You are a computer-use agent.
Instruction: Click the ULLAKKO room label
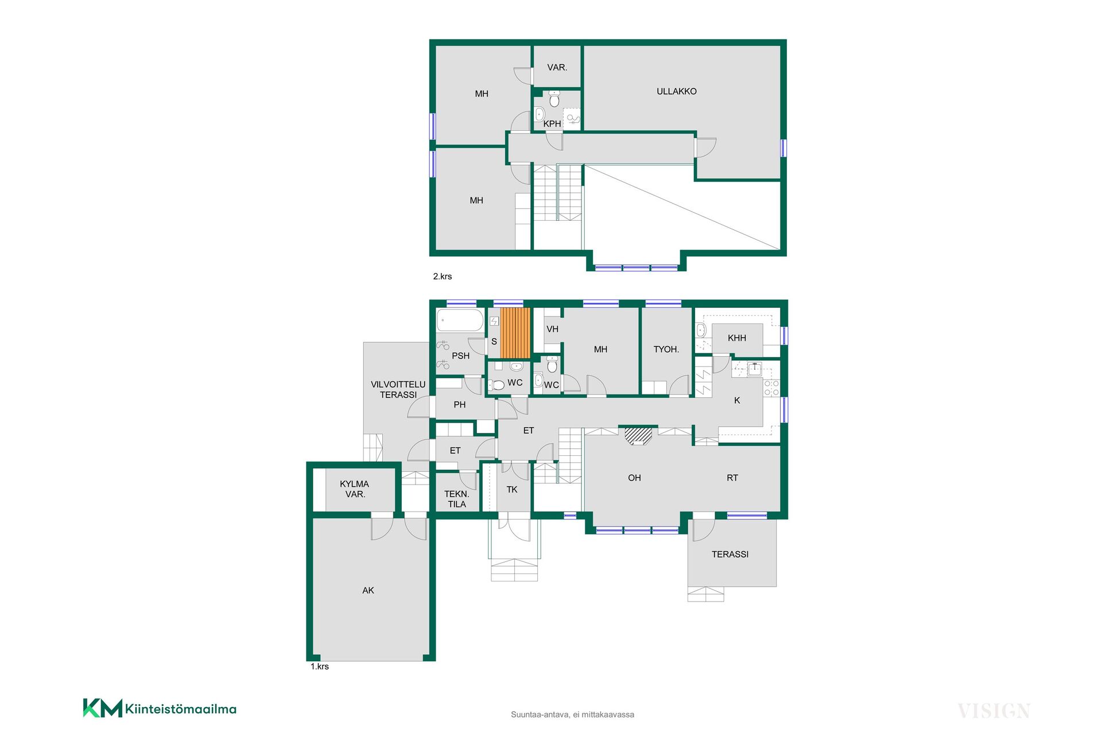click(x=676, y=91)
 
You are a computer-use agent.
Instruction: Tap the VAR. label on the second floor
click(x=557, y=67)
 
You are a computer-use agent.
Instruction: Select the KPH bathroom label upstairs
click(x=552, y=123)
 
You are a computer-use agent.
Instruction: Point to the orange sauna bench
click(x=515, y=333)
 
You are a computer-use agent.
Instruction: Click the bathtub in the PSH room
click(x=460, y=320)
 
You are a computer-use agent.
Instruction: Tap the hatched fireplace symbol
click(x=638, y=436)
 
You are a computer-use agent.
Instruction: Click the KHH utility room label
click(x=737, y=338)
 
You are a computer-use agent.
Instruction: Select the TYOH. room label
click(x=666, y=349)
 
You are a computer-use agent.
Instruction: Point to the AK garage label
click(x=368, y=590)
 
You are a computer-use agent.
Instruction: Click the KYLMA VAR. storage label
click(x=355, y=489)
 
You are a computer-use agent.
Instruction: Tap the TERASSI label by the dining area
click(x=730, y=554)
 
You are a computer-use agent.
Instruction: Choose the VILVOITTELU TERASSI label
click(x=398, y=389)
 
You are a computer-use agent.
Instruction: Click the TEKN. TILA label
click(x=457, y=499)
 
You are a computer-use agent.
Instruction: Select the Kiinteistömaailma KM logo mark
click(x=103, y=708)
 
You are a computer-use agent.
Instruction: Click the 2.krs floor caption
click(x=443, y=276)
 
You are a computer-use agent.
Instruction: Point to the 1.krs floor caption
click(x=320, y=666)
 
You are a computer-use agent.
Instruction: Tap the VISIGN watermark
click(x=994, y=711)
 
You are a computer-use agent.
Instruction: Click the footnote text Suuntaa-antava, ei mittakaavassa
click(x=572, y=715)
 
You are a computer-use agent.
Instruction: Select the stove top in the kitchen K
click(x=771, y=388)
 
